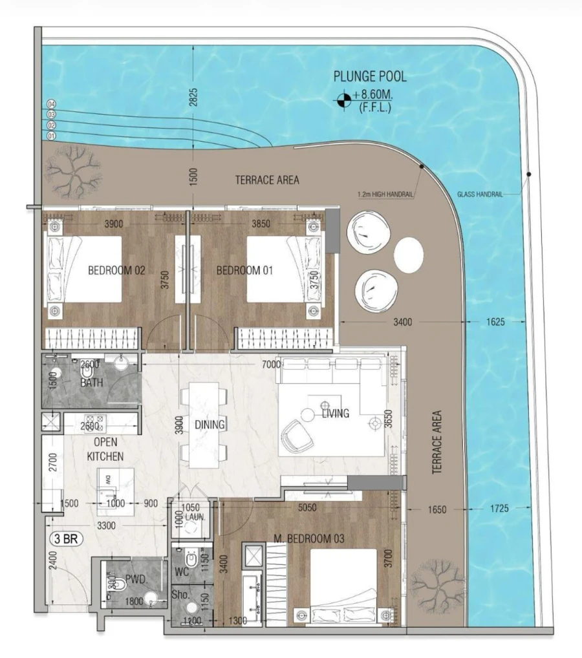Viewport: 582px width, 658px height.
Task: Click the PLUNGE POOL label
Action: click(370, 77)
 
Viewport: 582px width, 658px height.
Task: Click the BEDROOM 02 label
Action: click(116, 271)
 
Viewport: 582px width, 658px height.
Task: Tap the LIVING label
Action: click(335, 414)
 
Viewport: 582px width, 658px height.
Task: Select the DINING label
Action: click(209, 425)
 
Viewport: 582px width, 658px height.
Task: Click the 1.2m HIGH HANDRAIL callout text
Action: click(385, 193)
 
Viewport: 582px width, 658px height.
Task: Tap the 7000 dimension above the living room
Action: click(271, 365)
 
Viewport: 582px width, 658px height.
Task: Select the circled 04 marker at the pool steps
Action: click(52, 105)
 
